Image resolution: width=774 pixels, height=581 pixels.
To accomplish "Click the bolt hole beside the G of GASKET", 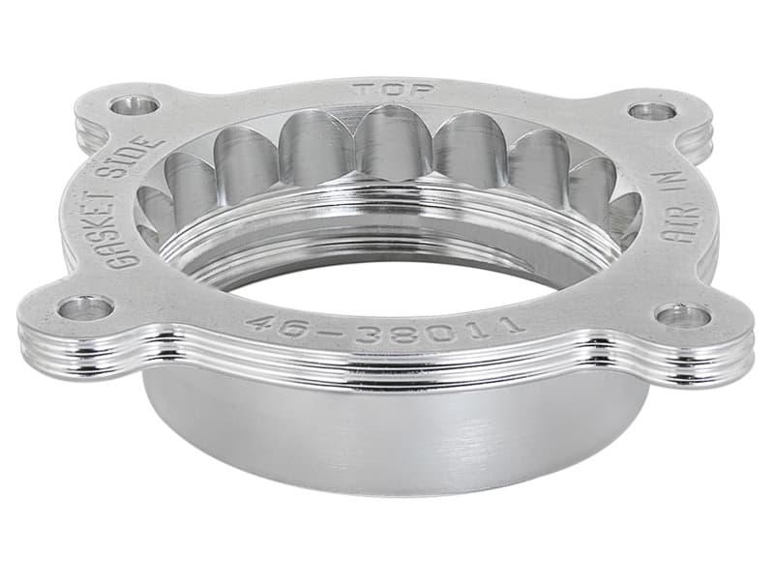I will click(86, 308).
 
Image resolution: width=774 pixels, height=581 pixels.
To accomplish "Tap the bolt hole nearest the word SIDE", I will click(135, 104).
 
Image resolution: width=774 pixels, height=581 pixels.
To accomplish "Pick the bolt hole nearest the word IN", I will click(652, 111).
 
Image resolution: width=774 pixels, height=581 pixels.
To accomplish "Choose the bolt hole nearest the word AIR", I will click(683, 315).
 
